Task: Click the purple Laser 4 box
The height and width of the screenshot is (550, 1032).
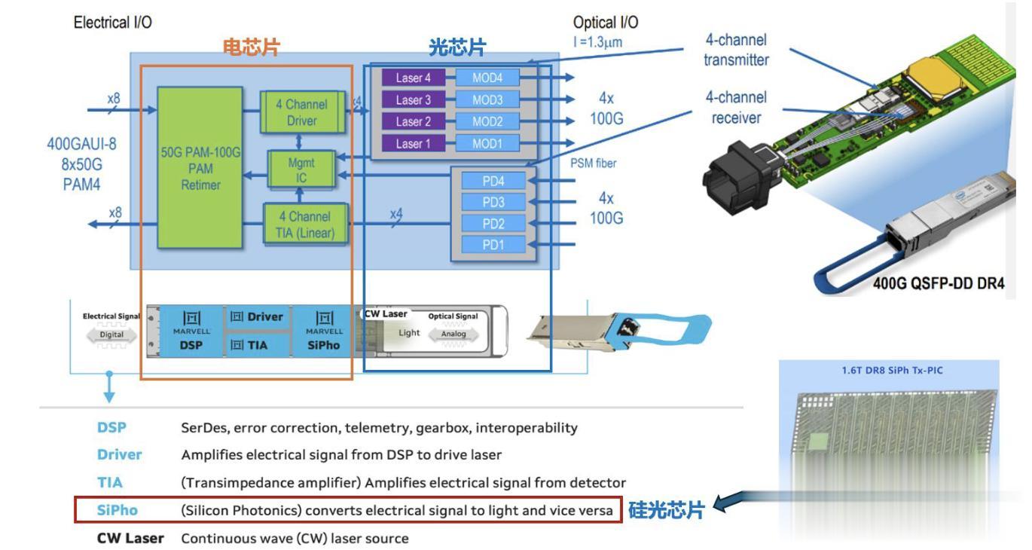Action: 414,78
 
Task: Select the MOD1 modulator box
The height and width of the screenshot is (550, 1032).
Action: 487,144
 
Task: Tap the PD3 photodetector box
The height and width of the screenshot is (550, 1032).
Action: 493,202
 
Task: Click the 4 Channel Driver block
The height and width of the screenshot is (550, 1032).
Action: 302,112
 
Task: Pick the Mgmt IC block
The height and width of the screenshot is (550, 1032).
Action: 301,170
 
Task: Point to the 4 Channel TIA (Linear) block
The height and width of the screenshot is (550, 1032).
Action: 305,225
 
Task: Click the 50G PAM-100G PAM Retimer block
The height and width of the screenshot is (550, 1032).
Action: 200,168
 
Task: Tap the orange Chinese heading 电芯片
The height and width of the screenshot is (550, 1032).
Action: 252,47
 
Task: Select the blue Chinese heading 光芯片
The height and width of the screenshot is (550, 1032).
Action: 457,47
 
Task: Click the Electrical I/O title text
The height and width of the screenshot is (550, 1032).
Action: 112,22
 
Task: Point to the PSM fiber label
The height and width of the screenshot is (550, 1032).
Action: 593,163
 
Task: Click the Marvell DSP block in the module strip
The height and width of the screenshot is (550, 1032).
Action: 191,332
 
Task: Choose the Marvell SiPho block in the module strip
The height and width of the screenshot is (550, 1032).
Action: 323,332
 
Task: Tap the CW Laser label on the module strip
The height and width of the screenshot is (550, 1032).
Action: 386,314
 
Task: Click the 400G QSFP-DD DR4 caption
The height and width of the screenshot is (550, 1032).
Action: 939,283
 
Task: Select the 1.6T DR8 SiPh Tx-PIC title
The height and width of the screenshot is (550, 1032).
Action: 892,371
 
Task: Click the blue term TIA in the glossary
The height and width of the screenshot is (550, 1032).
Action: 110,482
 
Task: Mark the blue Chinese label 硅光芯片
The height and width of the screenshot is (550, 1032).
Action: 666,510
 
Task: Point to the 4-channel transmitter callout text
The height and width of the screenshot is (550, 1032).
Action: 736,50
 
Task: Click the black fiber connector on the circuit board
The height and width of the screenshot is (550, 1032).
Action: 740,177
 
